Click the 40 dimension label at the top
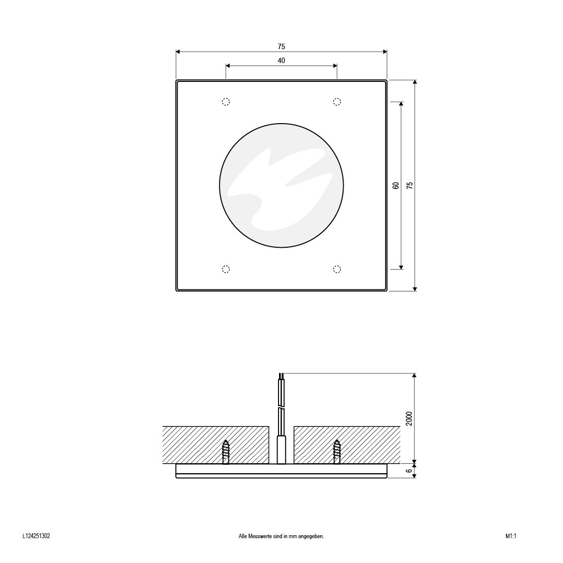tap(281, 61)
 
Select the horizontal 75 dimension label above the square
tap(281, 47)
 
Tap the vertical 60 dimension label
tap(396, 185)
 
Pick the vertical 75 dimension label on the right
tap(409, 185)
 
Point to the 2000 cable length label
tap(409, 419)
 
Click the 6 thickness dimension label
tap(409, 470)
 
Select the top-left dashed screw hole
tap(225, 102)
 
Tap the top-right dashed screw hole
tap(337, 102)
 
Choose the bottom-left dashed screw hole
tap(225, 269)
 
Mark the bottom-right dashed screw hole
tap(337, 269)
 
